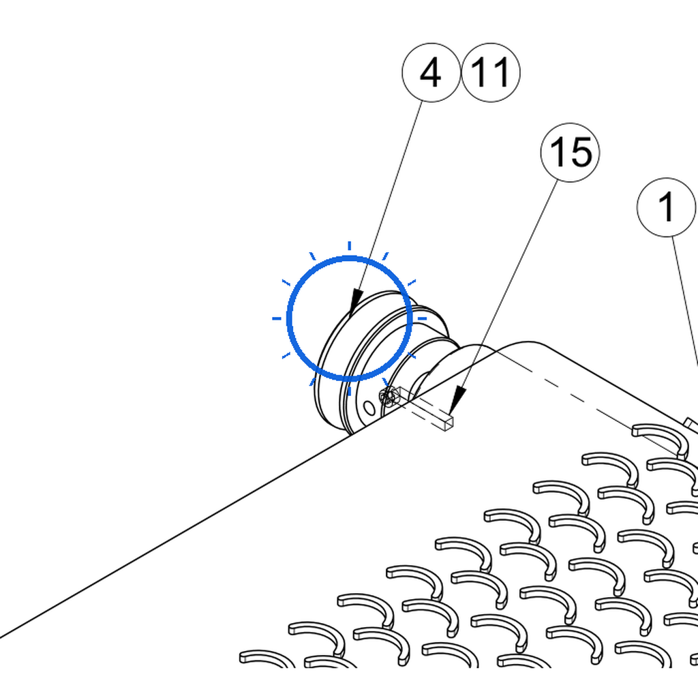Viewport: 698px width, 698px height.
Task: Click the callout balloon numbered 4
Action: pos(431,72)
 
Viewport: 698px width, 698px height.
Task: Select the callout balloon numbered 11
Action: pos(491,72)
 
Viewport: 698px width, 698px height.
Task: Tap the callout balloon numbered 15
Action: pos(570,152)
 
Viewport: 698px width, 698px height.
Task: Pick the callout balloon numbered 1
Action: pos(667,207)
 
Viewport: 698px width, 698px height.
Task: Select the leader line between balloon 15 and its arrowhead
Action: pos(509,285)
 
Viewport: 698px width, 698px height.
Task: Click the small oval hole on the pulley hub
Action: pos(369,408)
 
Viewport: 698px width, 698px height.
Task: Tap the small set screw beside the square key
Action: pos(388,396)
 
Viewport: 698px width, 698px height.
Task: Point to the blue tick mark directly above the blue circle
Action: pos(350,245)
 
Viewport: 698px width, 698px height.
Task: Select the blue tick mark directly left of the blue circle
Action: pos(277,318)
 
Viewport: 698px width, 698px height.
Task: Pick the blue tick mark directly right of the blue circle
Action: pos(422,318)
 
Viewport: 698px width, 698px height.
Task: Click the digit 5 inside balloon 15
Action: pos(581,152)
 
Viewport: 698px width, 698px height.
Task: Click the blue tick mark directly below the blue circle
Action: pos(350,391)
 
